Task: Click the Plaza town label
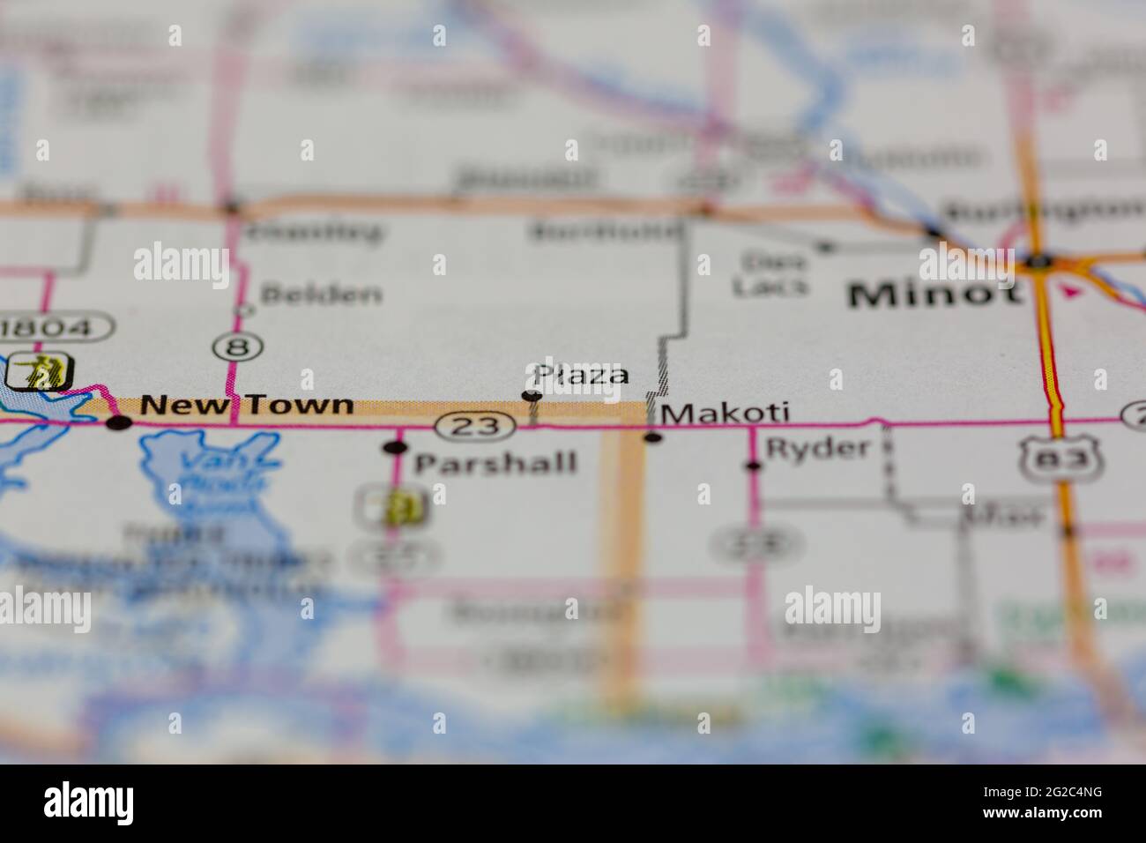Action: (x=582, y=375)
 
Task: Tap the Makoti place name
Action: (x=725, y=413)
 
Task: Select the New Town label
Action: (x=247, y=406)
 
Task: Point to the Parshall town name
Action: (x=495, y=463)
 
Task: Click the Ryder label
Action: (x=818, y=448)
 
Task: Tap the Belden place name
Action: (x=322, y=294)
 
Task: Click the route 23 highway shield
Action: (x=475, y=427)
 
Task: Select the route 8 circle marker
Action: (x=236, y=347)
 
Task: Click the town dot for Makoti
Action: (x=653, y=437)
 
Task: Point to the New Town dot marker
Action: (x=118, y=423)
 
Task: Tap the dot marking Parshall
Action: (x=395, y=448)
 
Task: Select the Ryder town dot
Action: (x=754, y=466)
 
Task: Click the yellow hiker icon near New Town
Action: (x=39, y=372)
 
